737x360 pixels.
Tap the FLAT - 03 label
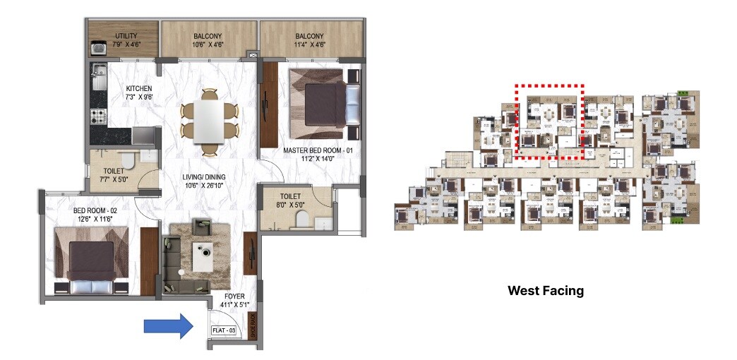pyautogui.click(x=224, y=330)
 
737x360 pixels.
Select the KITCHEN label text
pyautogui.click(x=139, y=88)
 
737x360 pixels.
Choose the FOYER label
pyautogui.click(x=234, y=296)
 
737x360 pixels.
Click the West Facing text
pyautogui.click(x=546, y=290)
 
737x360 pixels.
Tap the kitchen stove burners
pyautogui.click(x=99, y=116)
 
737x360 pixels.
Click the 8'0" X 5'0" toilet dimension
pyautogui.click(x=290, y=205)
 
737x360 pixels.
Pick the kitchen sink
pyautogui.click(x=97, y=71)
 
